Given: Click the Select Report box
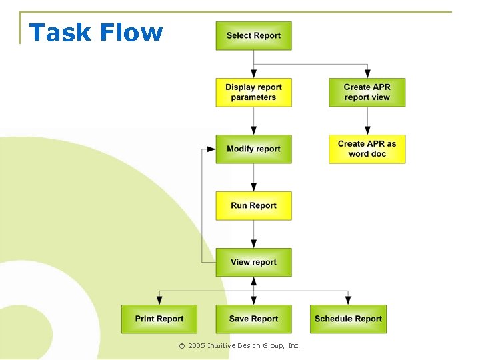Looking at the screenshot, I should [x=253, y=36].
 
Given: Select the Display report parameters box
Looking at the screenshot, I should [x=253, y=93].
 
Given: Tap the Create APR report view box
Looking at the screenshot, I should [x=367, y=93].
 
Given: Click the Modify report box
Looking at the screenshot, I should [x=253, y=149].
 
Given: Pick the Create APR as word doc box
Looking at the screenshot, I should [x=367, y=149].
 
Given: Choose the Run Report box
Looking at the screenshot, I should [x=253, y=206].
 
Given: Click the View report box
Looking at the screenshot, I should [x=253, y=263].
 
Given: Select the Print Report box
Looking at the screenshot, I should [x=159, y=319].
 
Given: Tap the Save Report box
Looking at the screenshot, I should [x=253, y=319].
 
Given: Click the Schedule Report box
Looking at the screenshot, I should [x=348, y=319].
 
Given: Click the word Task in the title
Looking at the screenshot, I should [x=58, y=32].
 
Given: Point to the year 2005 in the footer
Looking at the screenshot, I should [x=197, y=346].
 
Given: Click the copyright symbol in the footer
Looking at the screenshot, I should [x=181, y=346].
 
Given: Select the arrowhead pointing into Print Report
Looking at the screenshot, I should [x=159, y=300].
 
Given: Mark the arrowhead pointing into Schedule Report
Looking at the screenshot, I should [x=348, y=300].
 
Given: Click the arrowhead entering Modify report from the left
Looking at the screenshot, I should [x=211, y=149].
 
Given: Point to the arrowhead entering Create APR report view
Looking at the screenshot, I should [x=367, y=74].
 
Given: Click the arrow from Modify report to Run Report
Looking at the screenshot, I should [x=253, y=177].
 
